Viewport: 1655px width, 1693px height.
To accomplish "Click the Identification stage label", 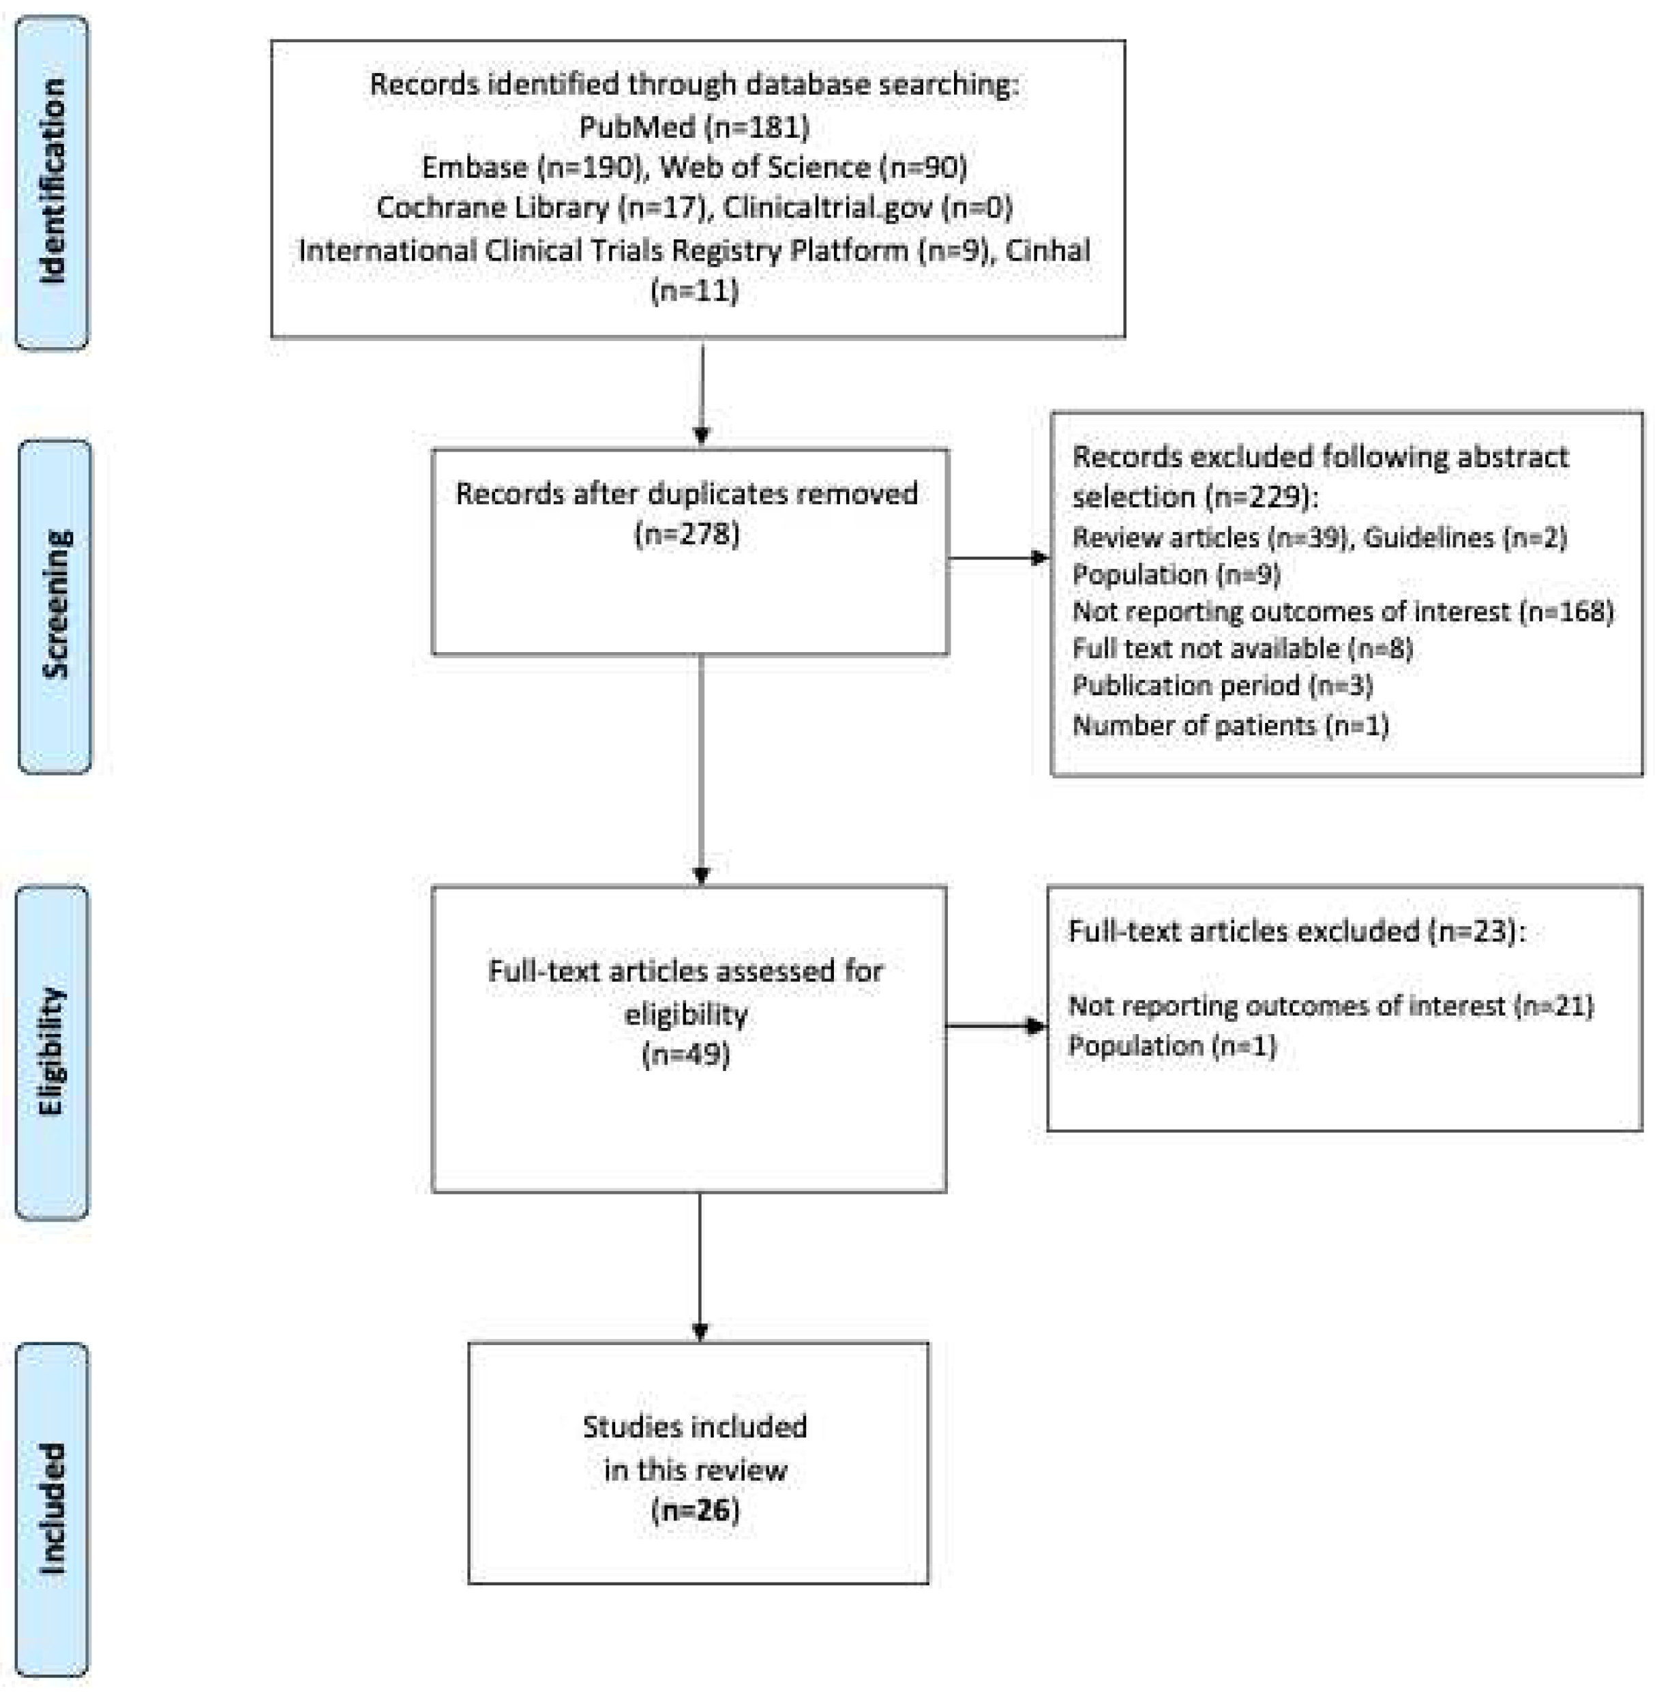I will pyautogui.click(x=52, y=181).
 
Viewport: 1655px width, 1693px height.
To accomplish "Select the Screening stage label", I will pyautogui.click(x=54, y=606).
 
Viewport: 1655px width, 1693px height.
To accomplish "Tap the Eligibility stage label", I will pyautogui.click(x=52, y=1052).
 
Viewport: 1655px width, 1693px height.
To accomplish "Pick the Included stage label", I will pyautogui.click(x=52, y=1510).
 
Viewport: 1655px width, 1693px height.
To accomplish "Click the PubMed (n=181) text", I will pyautogui.click(x=694, y=127).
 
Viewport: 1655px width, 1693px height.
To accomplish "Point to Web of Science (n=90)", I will pyautogui.click(x=814, y=167).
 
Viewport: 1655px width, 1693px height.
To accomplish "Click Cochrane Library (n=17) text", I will pyautogui.click(x=539, y=207).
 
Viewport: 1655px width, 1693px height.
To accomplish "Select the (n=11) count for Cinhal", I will pyautogui.click(x=694, y=290).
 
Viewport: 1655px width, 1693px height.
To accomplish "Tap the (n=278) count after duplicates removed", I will pyautogui.click(x=687, y=533).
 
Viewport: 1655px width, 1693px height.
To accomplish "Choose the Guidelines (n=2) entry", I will pyautogui.click(x=1465, y=538).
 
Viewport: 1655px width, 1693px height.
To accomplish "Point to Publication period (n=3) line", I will pyautogui.click(x=1222, y=686).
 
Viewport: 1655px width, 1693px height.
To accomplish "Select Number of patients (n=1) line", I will pyautogui.click(x=1230, y=725).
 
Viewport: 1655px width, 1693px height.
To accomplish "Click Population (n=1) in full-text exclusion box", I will pyautogui.click(x=1172, y=1045).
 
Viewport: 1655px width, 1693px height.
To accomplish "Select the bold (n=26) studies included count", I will pyautogui.click(x=694, y=1510).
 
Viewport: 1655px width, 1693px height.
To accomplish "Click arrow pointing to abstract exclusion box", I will pyautogui.click(x=1000, y=557).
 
